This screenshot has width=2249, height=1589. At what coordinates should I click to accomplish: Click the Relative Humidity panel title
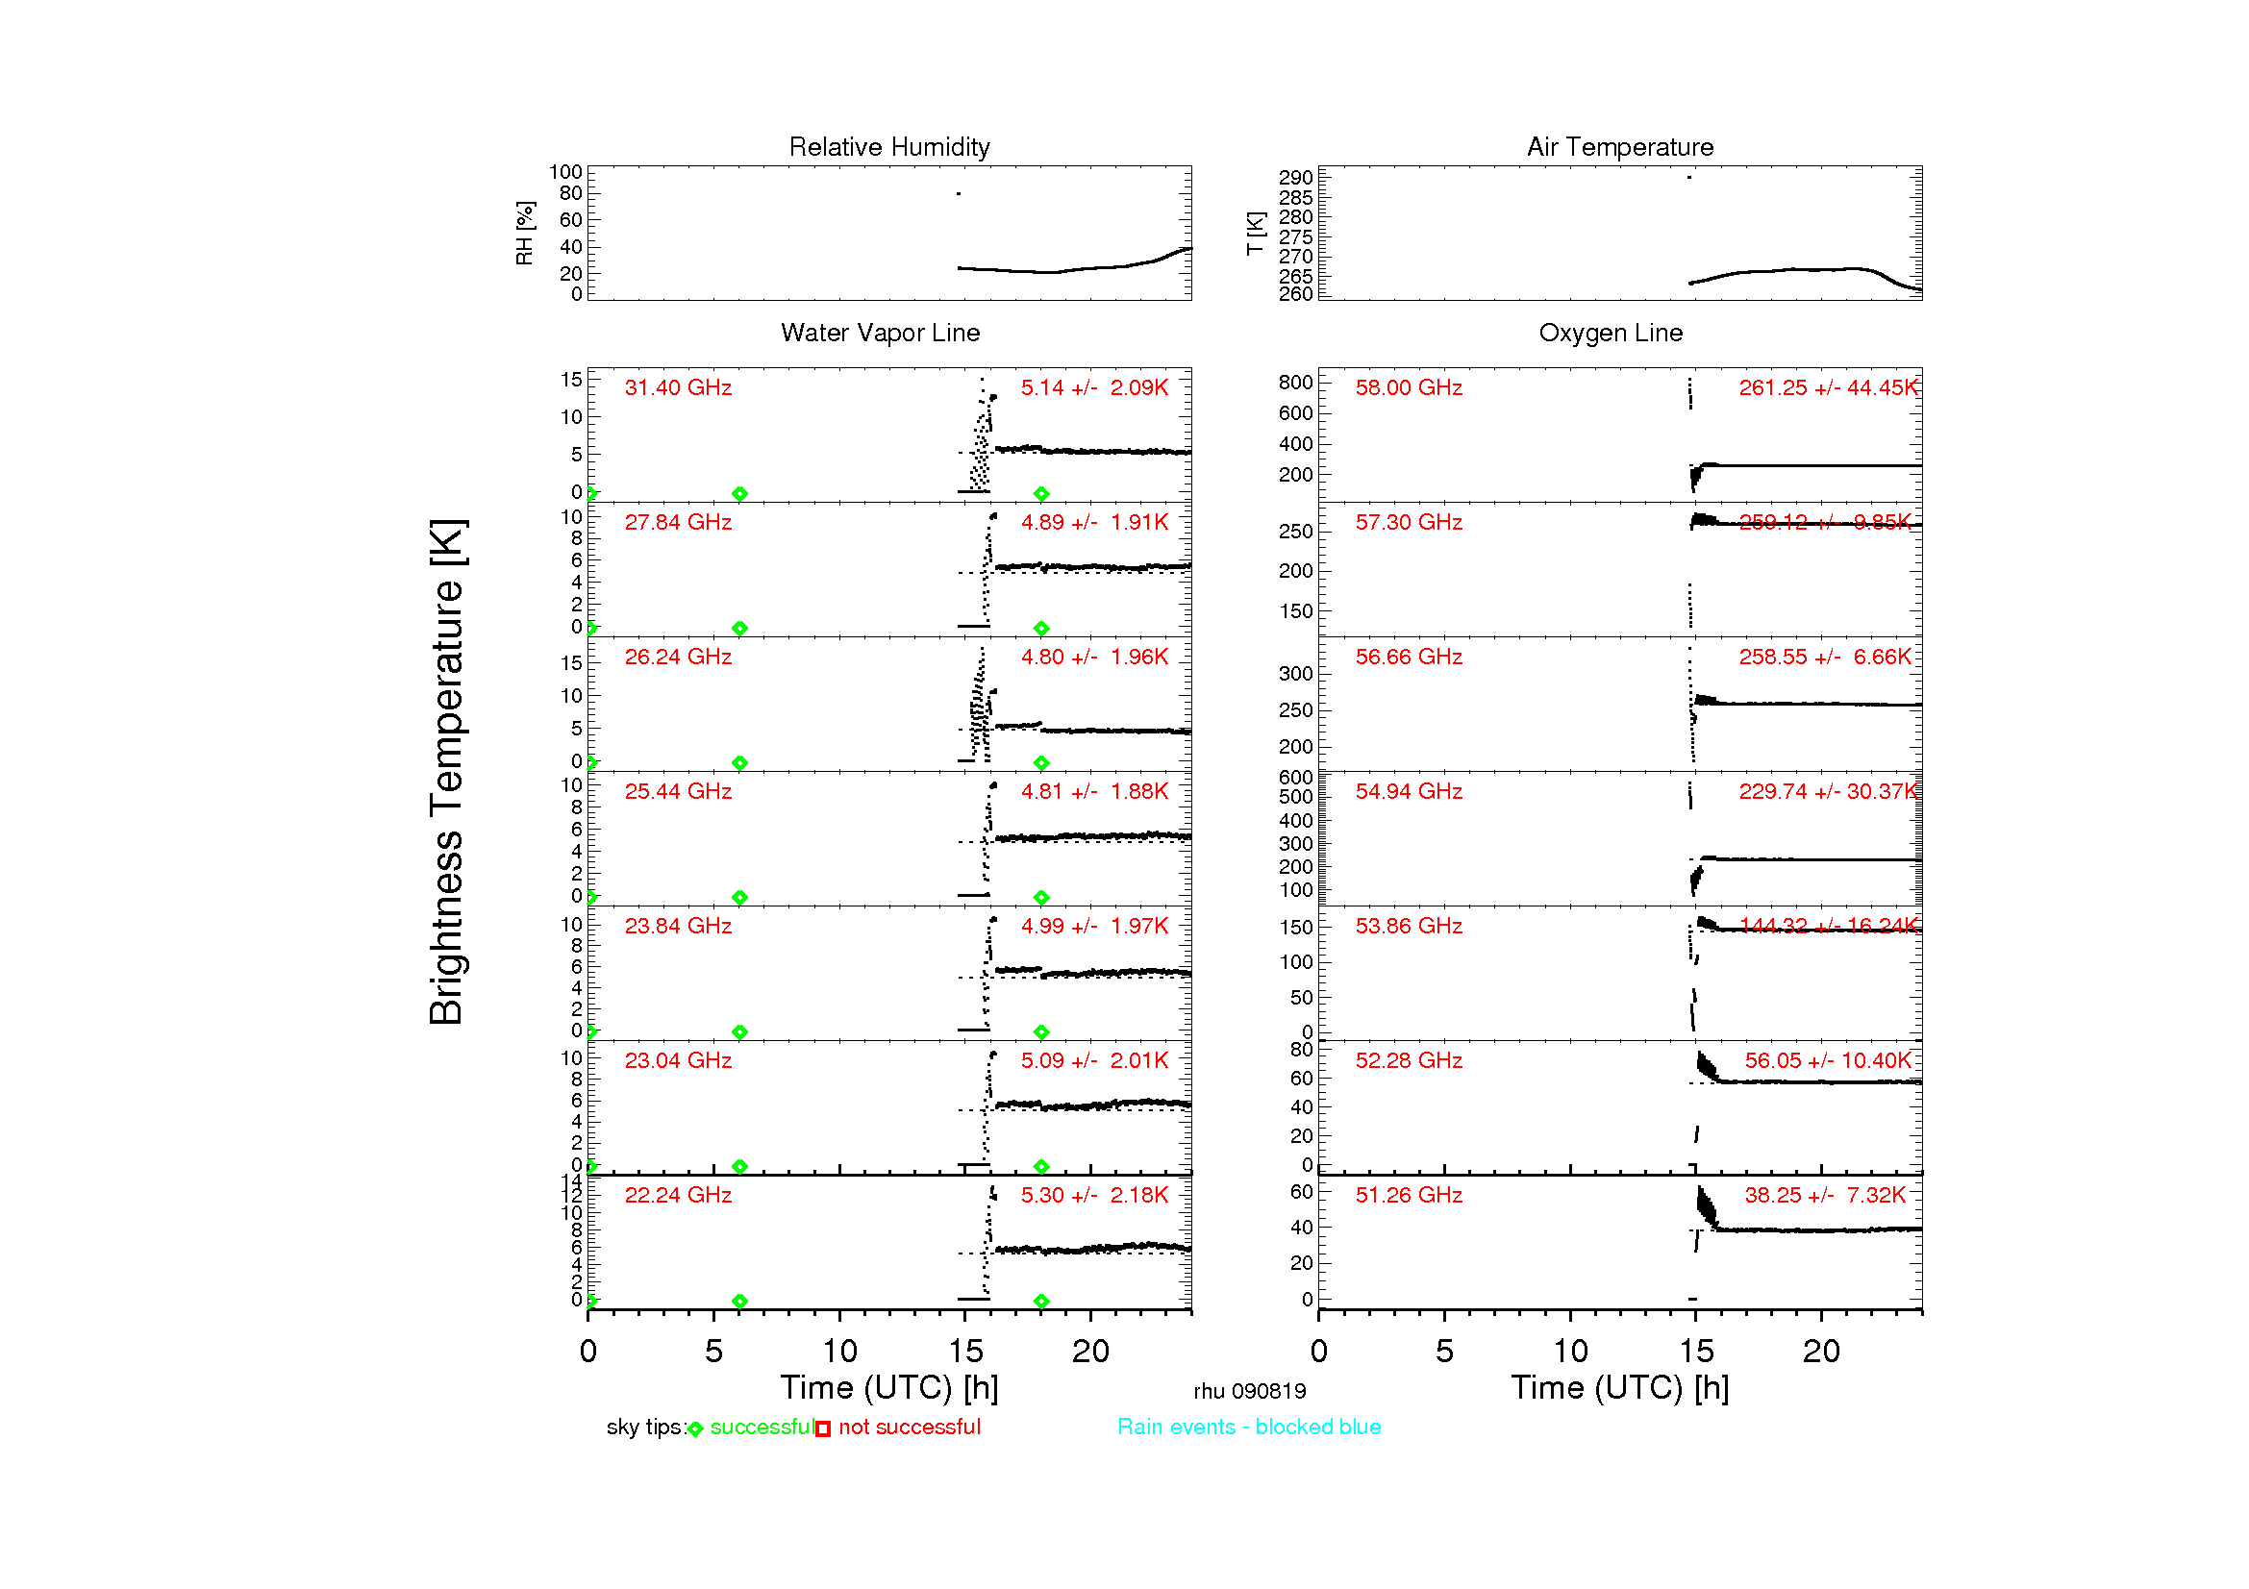[888, 147]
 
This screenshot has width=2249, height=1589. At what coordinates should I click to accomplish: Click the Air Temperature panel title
[1619, 147]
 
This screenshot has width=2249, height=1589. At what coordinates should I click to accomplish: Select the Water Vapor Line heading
[880, 333]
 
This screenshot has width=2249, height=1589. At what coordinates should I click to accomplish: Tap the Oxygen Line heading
[1611, 333]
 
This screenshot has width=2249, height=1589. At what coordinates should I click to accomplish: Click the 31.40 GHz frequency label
[678, 387]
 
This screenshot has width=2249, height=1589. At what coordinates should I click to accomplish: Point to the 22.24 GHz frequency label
[678, 1196]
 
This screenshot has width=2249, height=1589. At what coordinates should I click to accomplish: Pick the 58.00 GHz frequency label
[1409, 387]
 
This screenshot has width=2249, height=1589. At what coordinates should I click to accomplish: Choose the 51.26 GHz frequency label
[1409, 1196]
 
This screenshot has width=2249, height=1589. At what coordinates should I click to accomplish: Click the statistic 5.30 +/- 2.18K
[1094, 1196]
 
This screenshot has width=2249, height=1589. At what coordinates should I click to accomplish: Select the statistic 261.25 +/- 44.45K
[1828, 387]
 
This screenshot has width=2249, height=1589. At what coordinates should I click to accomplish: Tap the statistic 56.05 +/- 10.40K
[1828, 1061]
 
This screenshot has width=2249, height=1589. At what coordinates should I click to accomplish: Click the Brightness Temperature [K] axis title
[447, 772]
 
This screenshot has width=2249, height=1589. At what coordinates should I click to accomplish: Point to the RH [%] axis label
[525, 233]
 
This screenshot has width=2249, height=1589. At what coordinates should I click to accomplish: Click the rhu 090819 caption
[1249, 1391]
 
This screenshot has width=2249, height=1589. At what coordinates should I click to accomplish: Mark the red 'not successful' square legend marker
[823, 1429]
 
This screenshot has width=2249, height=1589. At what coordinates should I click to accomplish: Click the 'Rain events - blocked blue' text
[1249, 1428]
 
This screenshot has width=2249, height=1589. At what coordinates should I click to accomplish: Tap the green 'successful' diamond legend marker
[695, 1429]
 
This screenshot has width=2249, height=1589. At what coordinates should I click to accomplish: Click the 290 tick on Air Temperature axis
[1295, 177]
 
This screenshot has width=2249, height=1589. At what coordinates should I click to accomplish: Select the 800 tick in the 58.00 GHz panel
[1295, 382]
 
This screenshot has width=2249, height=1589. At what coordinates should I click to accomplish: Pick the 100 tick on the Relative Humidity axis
[565, 172]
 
